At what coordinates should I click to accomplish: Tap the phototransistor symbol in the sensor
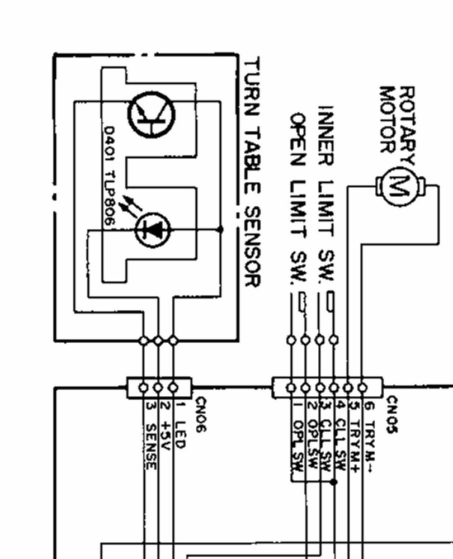151,116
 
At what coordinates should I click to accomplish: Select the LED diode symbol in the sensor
152,229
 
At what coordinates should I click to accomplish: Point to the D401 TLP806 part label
109,176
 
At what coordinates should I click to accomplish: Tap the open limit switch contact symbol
303,302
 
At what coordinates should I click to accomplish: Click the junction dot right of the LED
220,229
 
